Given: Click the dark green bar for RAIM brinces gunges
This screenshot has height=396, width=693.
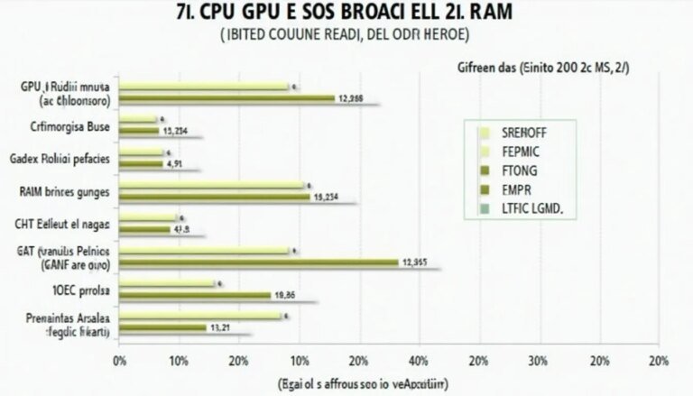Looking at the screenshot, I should tap(215, 197).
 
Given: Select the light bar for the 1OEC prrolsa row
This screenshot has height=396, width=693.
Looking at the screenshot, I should tap(168, 284).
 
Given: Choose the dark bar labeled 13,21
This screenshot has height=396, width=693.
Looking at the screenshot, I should tap(163, 327).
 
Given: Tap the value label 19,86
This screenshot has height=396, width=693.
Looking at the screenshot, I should tap(286, 295).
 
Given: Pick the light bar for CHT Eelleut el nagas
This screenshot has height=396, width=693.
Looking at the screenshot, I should tap(148, 218).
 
